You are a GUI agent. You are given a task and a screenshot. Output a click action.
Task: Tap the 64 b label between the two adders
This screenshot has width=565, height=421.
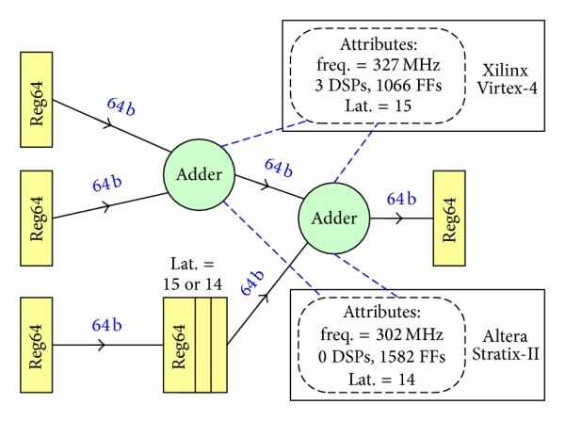(x=279, y=170)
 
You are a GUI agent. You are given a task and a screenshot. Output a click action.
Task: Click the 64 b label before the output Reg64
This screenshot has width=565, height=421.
(x=401, y=200)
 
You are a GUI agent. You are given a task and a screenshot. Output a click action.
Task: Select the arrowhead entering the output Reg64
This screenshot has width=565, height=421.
(x=403, y=219)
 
